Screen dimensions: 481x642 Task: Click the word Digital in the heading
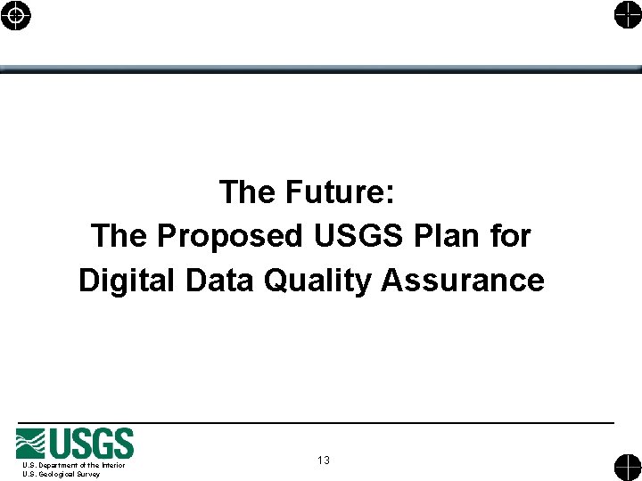pos(128,281)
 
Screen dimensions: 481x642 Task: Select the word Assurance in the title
pos(463,281)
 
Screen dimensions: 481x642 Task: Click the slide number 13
pos(323,461)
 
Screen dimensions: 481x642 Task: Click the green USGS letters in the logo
pos(93,444)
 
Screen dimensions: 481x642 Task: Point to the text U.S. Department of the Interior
pos(74,465)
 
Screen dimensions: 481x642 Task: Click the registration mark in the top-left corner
pos(16,15)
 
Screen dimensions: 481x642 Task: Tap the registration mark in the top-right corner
pos(627,15)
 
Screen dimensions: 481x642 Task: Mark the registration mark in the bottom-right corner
pos(627,467)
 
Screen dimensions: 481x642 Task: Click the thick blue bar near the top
pos(321,69)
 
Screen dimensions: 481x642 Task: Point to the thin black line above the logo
pos(317,421)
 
